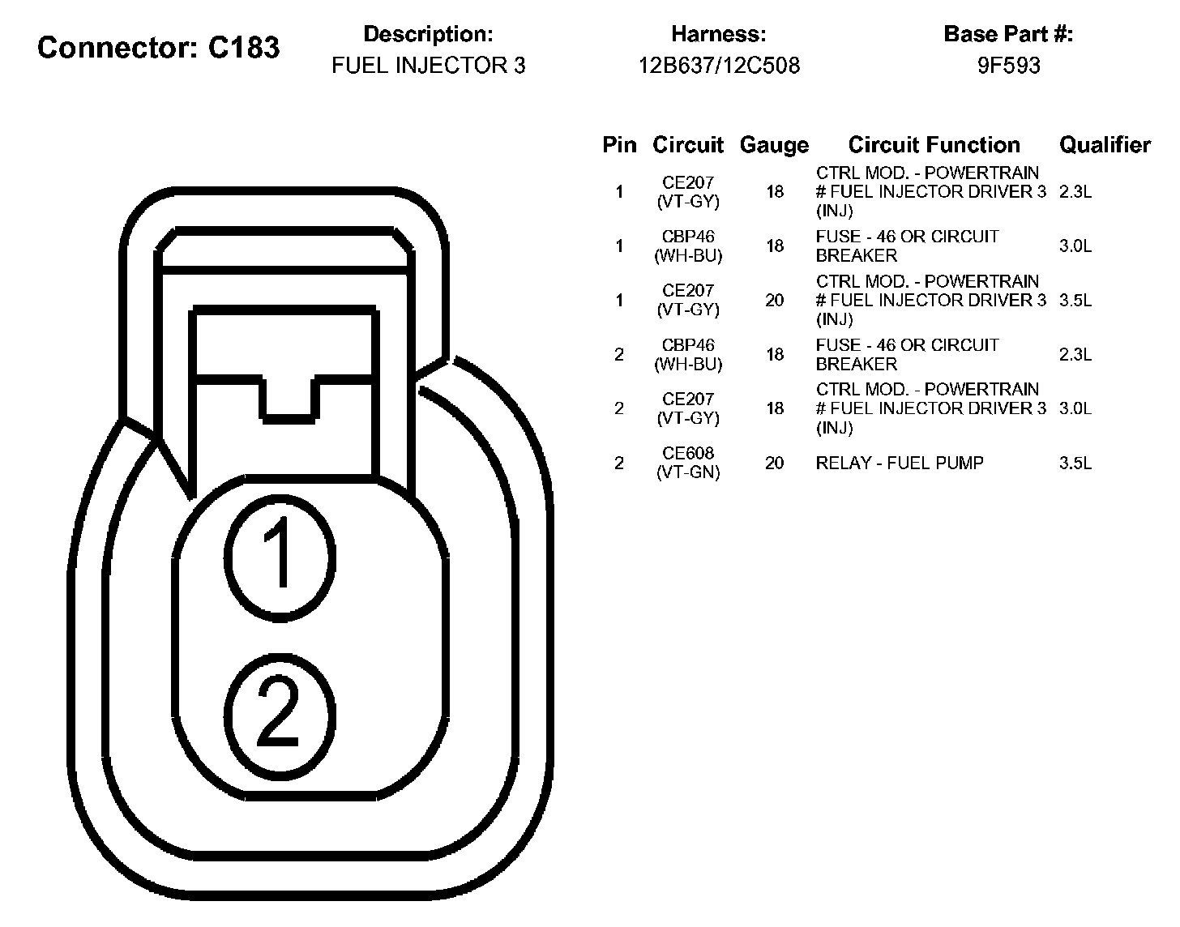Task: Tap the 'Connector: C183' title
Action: [158, 48]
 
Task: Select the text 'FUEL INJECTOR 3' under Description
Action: [428, 66]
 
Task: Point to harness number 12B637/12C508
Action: [718, 66]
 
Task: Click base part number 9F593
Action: [1008, 66]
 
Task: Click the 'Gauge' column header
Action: [774, 145]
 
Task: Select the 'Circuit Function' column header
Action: [934, 145]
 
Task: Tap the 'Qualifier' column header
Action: [1105, 145]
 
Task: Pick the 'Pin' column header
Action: [619, 145]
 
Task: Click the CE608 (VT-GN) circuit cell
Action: [688, 463]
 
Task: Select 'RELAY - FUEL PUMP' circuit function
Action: [900, 463]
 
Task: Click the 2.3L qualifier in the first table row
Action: [1075, 192]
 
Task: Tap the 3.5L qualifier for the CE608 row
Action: [1075, 463]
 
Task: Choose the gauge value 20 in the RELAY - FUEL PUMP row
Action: [774, 463]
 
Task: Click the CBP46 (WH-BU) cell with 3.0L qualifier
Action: [688, 246]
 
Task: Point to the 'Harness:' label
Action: [718, 35]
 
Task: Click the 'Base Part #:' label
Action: [1008, 35]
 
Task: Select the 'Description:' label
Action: [428, 35]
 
